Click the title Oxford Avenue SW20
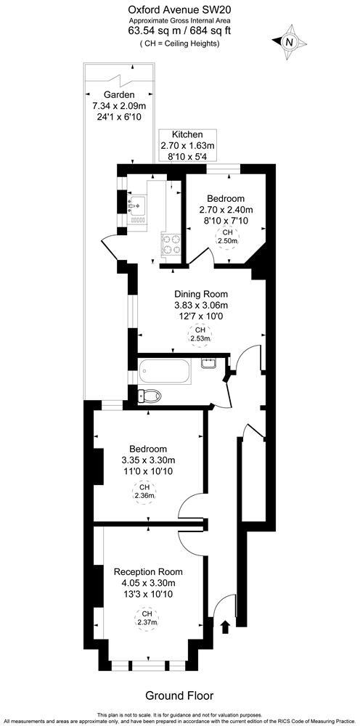(x=180, y=10)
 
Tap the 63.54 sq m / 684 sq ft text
(x=180, y=30)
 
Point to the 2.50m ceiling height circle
(x=226, y=239)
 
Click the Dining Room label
(x=200, y=294)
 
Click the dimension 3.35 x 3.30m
(x=148, y=460)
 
